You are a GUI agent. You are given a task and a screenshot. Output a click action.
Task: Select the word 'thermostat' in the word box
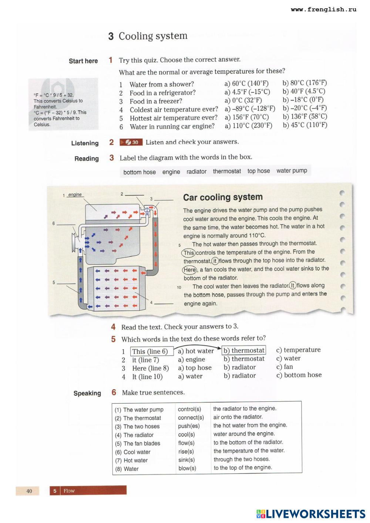point(227,171)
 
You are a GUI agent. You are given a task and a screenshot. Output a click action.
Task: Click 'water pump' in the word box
point(292,171)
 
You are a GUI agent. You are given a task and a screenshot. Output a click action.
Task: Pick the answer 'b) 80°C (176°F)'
point(305,83)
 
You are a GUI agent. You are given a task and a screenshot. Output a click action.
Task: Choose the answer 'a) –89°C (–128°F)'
point(250,109)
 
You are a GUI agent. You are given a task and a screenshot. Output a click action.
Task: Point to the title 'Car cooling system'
point(223,197)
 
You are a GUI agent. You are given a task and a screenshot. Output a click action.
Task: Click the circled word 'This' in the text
point(188,253)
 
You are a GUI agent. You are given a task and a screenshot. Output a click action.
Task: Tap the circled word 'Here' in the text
point(189,270)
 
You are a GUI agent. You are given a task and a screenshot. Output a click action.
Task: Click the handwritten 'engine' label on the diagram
point(75,195)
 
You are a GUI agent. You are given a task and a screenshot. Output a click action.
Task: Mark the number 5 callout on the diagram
point(54,283)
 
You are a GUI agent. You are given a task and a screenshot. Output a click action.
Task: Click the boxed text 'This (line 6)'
point(150,352)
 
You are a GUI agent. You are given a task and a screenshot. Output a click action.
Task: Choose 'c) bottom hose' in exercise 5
point(299,375)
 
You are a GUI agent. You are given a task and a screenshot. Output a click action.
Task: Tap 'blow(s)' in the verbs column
point(187,468)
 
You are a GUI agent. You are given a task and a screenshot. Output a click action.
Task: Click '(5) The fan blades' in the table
point(137,444)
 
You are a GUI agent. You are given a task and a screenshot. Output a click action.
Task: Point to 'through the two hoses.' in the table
point(242,459)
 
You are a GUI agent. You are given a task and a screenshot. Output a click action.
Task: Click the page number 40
point(29,491)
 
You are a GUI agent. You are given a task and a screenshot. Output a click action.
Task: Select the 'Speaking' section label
point(87,393)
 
